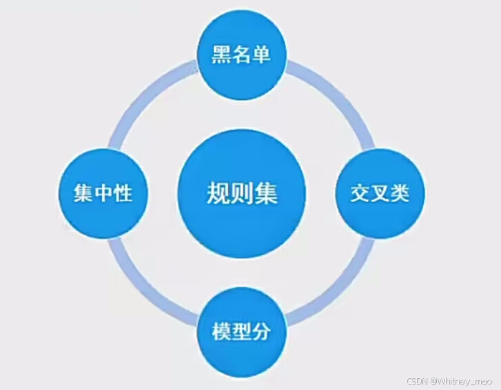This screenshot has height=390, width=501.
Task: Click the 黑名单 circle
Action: pos(241,54)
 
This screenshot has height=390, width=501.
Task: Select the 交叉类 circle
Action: pos(379,193)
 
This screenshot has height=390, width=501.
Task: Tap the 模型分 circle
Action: pos(241,332)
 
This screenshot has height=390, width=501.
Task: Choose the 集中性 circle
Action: pos(103,193)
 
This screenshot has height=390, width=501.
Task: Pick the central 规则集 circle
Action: pos(241,193)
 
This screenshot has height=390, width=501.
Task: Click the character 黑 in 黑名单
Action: pos(221,55)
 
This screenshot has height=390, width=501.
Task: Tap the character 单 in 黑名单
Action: pos(260,55)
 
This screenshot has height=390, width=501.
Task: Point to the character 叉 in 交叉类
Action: pos(379,194)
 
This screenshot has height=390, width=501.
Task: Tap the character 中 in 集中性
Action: pos(103,194)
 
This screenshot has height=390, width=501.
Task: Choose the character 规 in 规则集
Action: pos(217,194)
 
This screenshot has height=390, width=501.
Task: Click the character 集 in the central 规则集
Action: pos(266,194)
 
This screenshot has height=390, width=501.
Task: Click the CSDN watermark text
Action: pos(416,381)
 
